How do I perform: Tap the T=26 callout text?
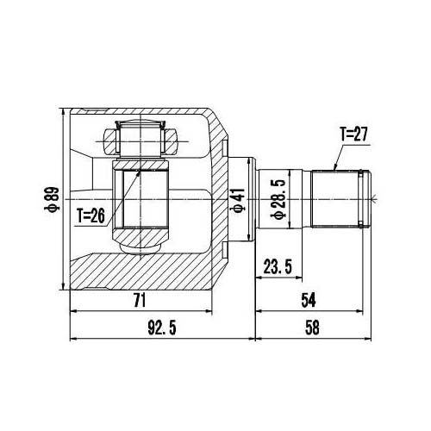click(x=91, y=216)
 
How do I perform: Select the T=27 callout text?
click(x=353, y=134)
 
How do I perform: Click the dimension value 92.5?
click(x=159, y=327)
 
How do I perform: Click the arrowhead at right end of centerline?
click(x=376, y=198)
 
